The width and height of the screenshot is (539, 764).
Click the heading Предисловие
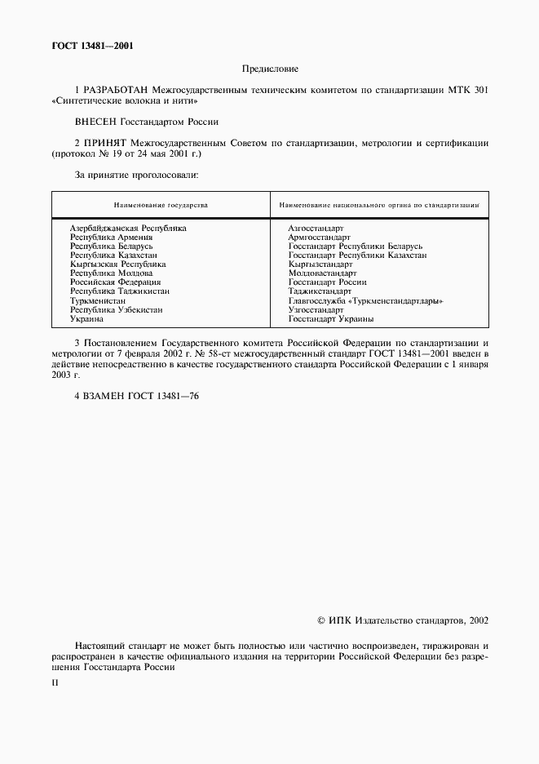[x=269, y=69]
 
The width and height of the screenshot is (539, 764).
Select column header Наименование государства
[x=160, y=205]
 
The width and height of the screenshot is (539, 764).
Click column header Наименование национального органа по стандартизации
[x=379, y=205]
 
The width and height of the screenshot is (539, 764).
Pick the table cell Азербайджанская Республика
[x=128, y=228]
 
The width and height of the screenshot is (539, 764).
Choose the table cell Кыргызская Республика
[x=117, y=264]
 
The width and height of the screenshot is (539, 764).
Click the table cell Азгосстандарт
[x=316, y=228]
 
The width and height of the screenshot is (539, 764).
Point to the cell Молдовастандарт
[x=323, y=273]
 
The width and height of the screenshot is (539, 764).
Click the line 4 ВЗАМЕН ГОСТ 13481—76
[x=136, y=395]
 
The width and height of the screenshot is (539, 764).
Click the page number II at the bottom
[x=55, y=682]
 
